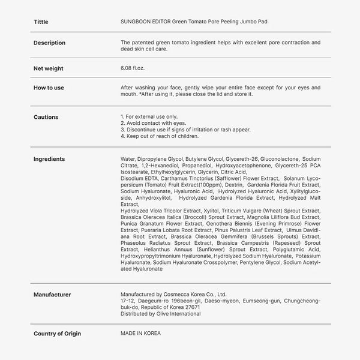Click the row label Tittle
tap(41, 22)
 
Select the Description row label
tap(49, 43)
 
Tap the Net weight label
tap(48, 68)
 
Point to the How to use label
tap(49, 88)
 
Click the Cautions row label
tap(46, 117)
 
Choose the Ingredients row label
tap(49, 159)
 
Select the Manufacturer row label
tap(52, 295)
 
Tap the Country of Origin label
tap(57, 333)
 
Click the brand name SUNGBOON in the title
tap(136, 22)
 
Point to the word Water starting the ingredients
tap(128, 159)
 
